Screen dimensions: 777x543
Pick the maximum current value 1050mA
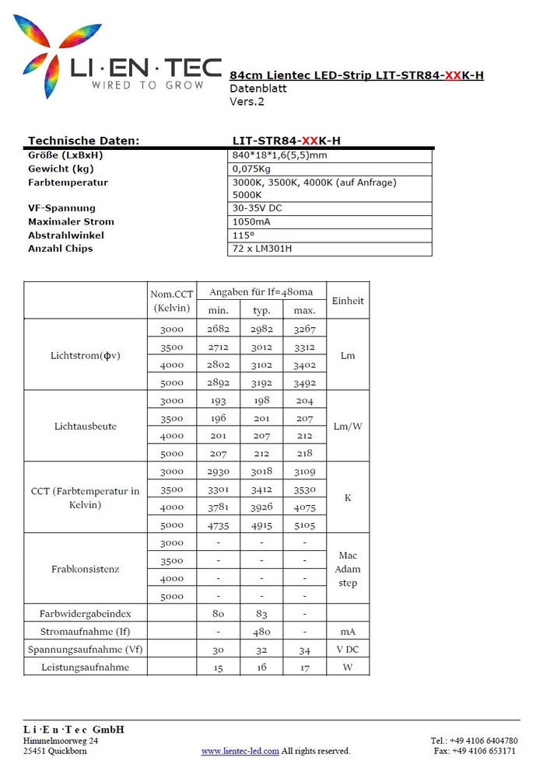[x=251, y=221]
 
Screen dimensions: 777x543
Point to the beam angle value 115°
[x=243, y=235]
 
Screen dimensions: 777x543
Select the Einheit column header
[x=347, y=301]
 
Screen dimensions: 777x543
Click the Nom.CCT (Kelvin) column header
[x=172, y=301]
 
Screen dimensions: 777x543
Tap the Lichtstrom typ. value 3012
[x=261, y=347]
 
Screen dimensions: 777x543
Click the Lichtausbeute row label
[x=86, y=426]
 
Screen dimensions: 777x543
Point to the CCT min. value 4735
[x=219, y=524]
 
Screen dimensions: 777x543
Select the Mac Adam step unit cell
[x=348, y=569]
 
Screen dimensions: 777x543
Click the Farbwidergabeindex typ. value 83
[x=261, y=613]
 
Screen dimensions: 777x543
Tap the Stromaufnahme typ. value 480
[x=261, y=631]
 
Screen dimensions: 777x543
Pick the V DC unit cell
[x=348, y=650]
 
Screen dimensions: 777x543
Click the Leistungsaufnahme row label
[x=86, y=667]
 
